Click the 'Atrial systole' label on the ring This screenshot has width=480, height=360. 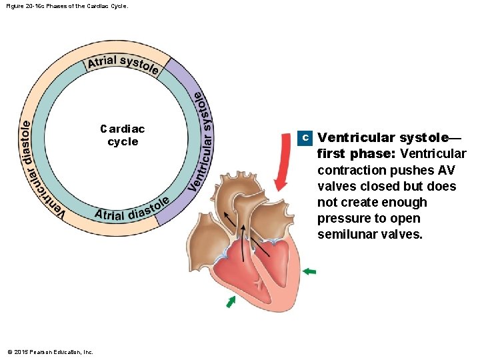pos(123,64)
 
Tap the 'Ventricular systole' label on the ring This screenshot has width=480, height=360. pos(202,140)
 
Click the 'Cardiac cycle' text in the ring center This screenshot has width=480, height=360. pos(123,135)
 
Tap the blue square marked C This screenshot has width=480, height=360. pos(304,137)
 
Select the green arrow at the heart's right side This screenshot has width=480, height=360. pos(309,271)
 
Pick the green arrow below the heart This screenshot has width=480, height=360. pos(231,302)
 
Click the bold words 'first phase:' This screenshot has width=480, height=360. pos(356,154)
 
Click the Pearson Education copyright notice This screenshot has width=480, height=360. pos(50,351)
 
